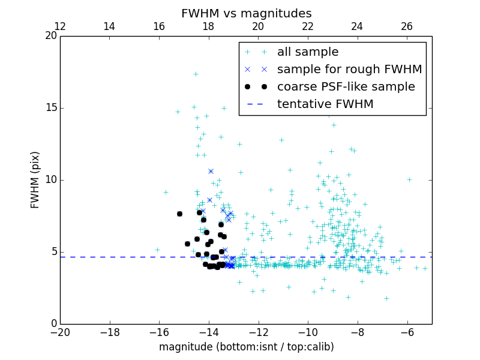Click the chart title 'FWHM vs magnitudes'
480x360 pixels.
point(246,13)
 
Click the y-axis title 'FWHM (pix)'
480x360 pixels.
point(35,180)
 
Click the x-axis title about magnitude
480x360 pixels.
point(246,347)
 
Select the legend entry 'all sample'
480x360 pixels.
point(308,52)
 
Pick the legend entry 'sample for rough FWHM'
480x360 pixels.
point(349,70)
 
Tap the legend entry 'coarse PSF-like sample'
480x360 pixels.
point(346,87)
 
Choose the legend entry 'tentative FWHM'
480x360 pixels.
point(325,104)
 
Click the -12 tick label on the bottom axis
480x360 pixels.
point(258,332)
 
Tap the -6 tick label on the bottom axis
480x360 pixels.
point(407,332)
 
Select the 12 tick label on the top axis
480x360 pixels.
point(60,26)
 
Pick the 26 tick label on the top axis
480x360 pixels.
point(407,26)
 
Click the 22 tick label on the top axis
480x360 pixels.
point(308,26)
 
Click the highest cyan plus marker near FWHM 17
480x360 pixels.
point(196,74)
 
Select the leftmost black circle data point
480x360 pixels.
point(179,214)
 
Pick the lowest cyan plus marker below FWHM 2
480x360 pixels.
point(386,298)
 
